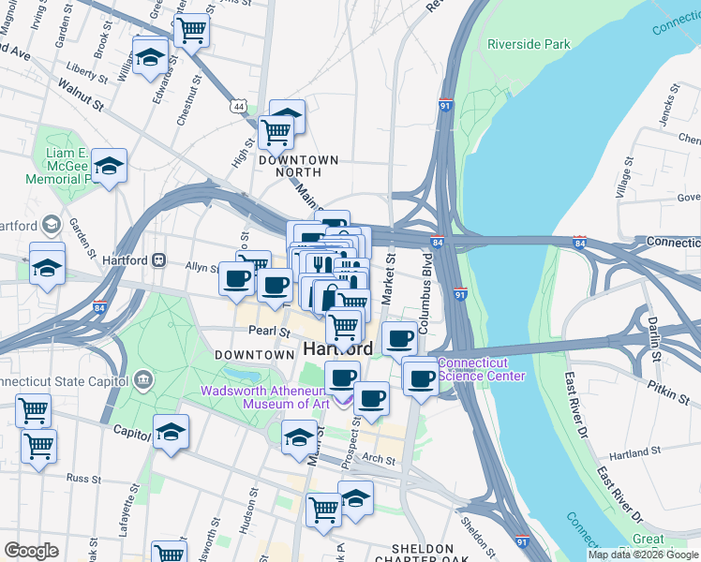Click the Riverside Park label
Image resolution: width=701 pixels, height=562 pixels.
tap(528, 44)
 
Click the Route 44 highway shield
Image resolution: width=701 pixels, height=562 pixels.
tap(241, 108)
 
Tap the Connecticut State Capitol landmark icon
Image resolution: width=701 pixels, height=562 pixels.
tap(143, 379)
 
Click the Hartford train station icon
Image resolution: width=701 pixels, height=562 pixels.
tap(159, 259)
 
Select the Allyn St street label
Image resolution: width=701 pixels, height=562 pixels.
tap(201, 268)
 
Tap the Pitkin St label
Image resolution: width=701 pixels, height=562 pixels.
tap(667, 392)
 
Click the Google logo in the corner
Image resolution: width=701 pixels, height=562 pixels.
tap(31, 550)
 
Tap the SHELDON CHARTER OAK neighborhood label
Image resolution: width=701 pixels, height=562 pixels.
tap(422, 555)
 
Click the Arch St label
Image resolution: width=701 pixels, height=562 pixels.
tap(379, 459)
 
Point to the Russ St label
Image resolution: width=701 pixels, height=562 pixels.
tap(83, 478)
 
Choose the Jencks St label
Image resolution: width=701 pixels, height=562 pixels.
tap(666, 117)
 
